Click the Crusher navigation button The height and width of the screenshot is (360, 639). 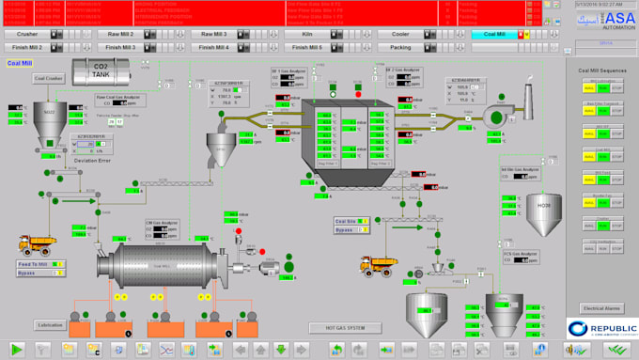point(27,34)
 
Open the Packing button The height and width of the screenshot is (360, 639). point(400,46)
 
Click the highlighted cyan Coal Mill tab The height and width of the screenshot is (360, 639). point(494,34)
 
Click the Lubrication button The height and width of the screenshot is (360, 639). point(50,324)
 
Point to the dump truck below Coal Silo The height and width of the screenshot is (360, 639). point(375,265)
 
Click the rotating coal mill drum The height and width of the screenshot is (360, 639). point(148,266)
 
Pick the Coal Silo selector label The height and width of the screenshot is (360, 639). point(347,222)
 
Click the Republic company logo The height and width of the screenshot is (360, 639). point(600,328)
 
